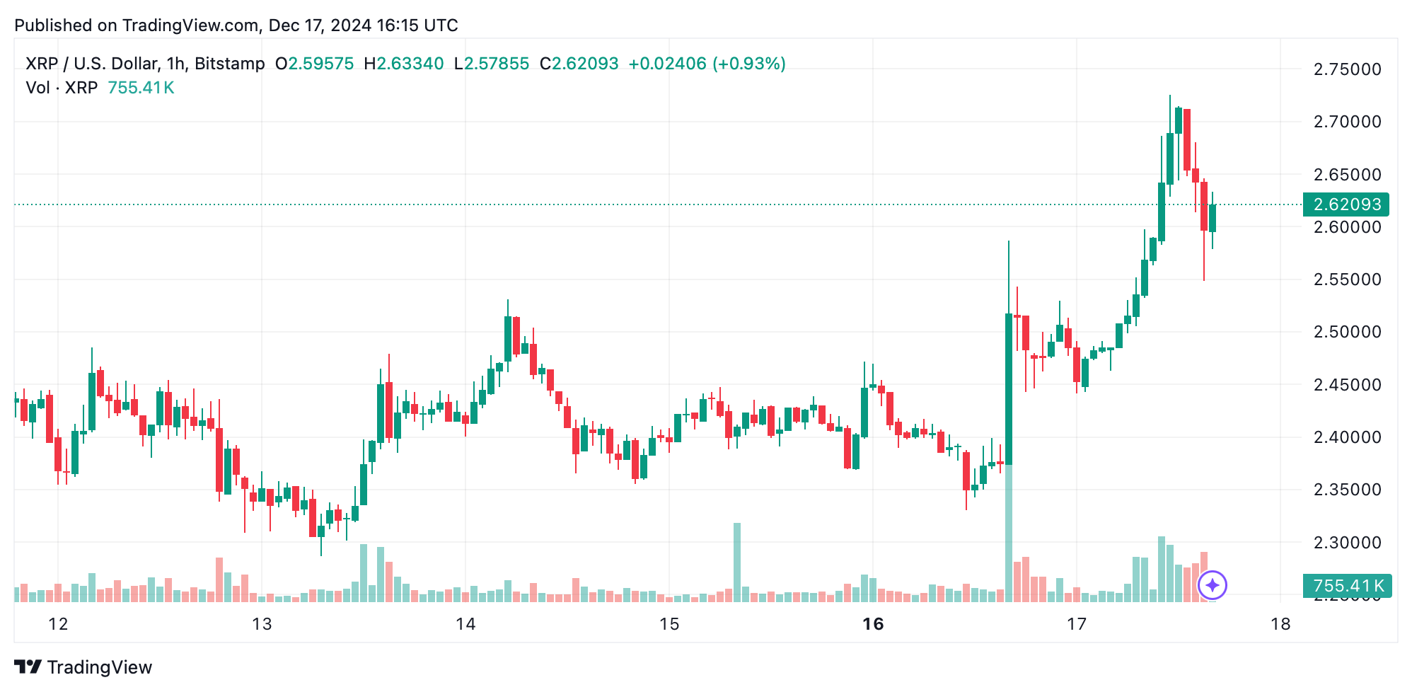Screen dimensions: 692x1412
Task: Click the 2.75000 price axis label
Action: coord(1347,69)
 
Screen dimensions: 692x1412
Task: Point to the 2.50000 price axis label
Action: coord(1347,332)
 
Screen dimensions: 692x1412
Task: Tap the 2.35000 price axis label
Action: coord(1347,490)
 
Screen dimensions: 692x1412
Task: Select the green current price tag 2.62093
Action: coord(1346,204)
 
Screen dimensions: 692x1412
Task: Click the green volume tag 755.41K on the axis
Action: coord(1348,586)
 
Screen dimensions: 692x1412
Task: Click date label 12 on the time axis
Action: coord(58,624)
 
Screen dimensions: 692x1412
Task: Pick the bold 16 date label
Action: coord(873,624)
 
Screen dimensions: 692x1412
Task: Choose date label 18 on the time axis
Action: coord(1280,624)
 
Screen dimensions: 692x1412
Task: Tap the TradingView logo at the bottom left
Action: coord(83,667)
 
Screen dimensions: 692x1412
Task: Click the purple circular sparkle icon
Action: coord(1213,585)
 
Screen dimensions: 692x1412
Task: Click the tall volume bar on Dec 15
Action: coord(737,562)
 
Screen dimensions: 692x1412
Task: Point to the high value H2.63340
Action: coord(404,64)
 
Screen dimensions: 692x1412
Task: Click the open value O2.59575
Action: coord(315,64)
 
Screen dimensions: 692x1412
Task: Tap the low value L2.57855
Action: coord(492,64)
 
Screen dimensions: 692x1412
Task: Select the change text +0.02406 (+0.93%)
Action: coord(707,64)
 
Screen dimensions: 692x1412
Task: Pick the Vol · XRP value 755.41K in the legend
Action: coord(141,88)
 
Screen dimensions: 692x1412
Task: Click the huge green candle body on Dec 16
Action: coord(1009,389)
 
